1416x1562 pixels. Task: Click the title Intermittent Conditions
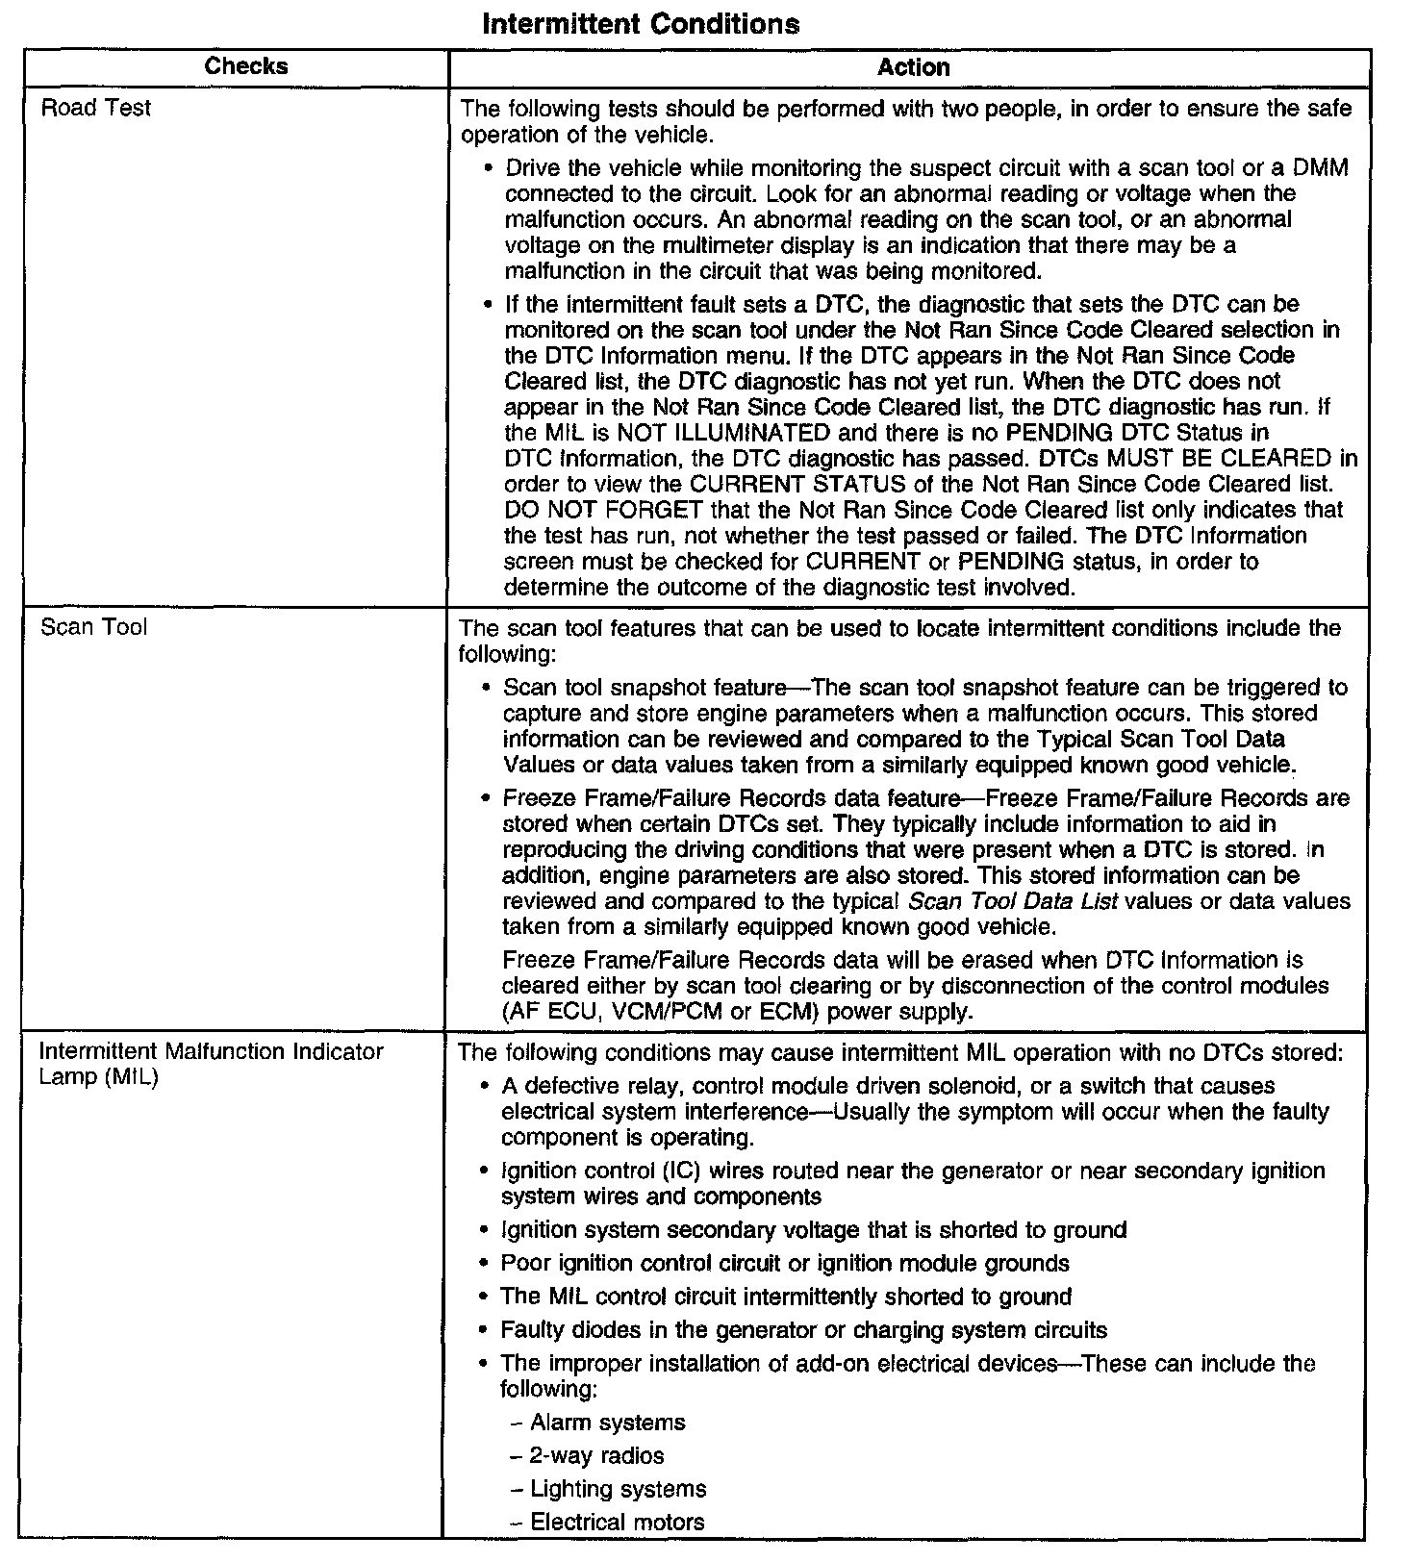640,24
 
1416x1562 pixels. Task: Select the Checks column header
246,66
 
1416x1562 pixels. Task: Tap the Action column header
913,67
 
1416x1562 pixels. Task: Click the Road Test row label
96,109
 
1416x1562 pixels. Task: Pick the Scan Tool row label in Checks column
94,628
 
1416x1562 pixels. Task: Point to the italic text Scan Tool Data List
1012,902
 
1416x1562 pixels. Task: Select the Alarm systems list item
608,1423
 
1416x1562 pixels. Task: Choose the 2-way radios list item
596,1455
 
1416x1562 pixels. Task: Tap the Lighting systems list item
619,1489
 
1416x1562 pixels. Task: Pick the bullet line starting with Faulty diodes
803,1330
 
